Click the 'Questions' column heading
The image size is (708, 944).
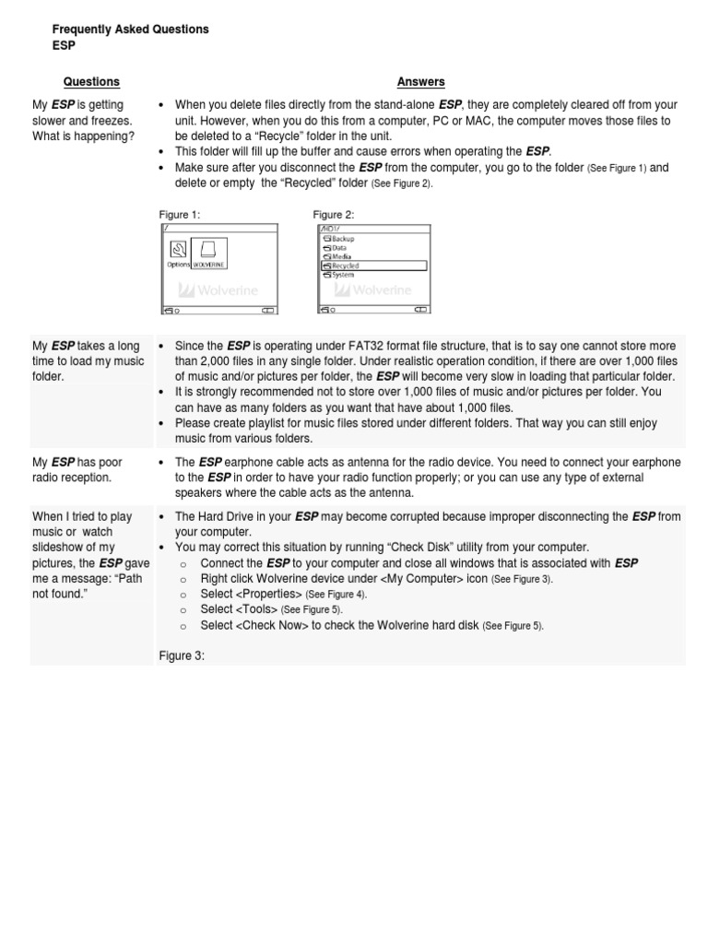click(91, 82)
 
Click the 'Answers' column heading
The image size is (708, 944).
click(420, 82)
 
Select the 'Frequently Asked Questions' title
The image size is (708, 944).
click(130, 29)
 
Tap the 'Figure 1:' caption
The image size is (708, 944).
click(180, 214)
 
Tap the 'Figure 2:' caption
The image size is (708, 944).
click(334, 214)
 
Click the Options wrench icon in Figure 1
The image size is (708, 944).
click(178, 248)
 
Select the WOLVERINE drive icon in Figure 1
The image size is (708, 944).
click(208, 251)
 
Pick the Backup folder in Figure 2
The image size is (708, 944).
click(342, 239)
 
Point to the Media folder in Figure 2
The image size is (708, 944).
click(341, 256)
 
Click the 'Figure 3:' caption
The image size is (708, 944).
click(181, 655)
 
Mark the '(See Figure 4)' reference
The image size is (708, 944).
click(337, 595)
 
